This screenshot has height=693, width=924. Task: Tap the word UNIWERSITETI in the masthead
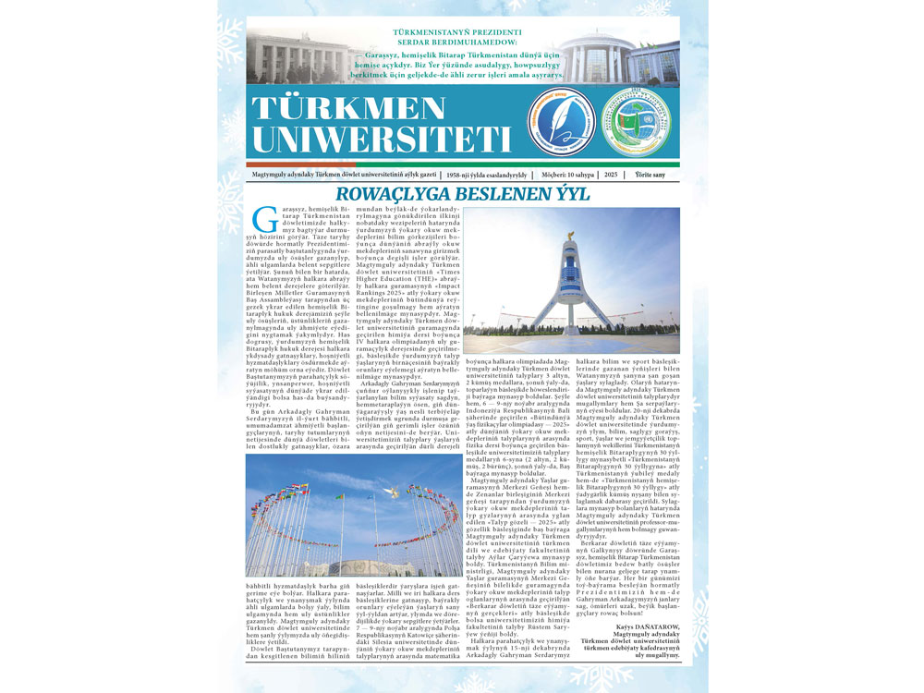click(x=380, y=139)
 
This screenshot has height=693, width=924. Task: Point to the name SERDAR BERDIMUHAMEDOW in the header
click(x=462, y=43)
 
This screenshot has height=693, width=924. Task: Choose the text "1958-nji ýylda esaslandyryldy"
click(x=486, y=175)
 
